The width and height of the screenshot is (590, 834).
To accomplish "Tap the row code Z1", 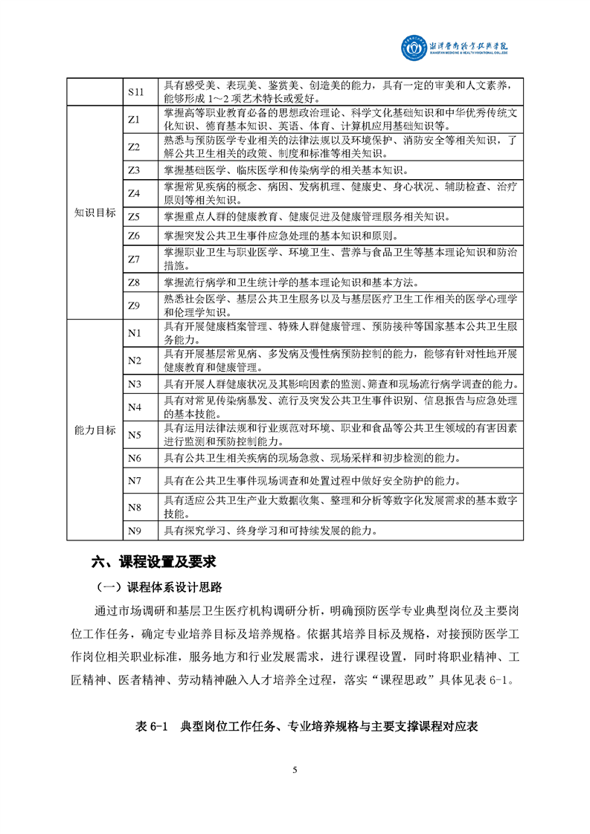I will (x=135, y=119).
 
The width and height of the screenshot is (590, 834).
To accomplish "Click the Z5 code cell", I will (x=135, y=217).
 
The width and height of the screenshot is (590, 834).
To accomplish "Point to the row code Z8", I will (x=135, y=282).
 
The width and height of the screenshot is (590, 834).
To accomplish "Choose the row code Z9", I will (x=135, y=305).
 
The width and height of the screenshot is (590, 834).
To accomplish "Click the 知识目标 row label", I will (x=95, y=213).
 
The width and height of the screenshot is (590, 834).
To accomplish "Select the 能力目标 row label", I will (x=95, y=430).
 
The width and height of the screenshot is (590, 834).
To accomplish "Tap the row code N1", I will (x=135, y=333).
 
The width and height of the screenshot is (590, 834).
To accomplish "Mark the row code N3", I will (x=135, y=384).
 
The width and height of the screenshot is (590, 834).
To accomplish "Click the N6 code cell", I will (x=135, y=457).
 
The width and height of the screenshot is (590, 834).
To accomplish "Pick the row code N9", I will (x=135, y=531).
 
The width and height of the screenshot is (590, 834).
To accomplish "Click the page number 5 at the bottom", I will (x=295, y=769).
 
